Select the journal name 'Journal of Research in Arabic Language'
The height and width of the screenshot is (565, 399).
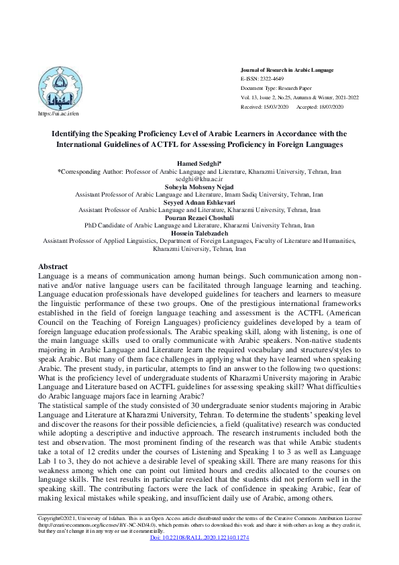tap(286, 70)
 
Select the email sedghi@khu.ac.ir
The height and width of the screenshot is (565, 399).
tap(199, 181)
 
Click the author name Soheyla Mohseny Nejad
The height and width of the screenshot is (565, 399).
tap(199, 187)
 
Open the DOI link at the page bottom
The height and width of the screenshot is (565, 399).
tap(199, 539)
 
